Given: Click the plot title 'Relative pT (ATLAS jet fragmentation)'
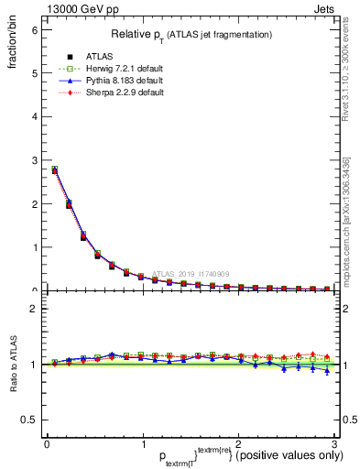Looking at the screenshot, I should click(191, 34).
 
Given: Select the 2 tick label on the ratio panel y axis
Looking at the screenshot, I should click(34, 309).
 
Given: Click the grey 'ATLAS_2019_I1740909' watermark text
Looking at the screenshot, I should click(192, 273).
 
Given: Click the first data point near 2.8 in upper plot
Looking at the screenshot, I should click(55, 170).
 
